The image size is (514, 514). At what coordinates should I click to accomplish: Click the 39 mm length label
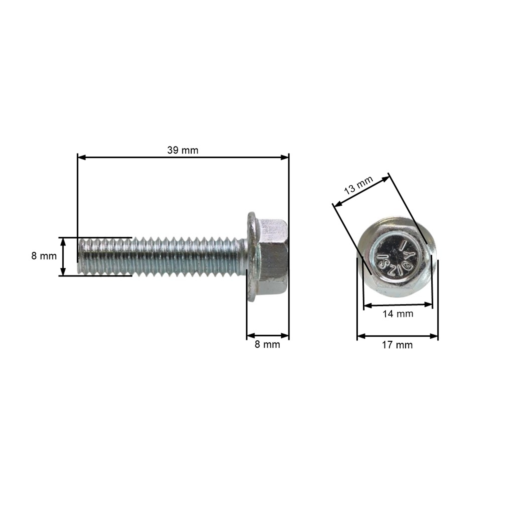click(183, 150)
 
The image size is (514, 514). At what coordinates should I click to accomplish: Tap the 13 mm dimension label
click(359, 185)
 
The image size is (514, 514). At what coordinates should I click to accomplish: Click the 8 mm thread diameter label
click(44, 256)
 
